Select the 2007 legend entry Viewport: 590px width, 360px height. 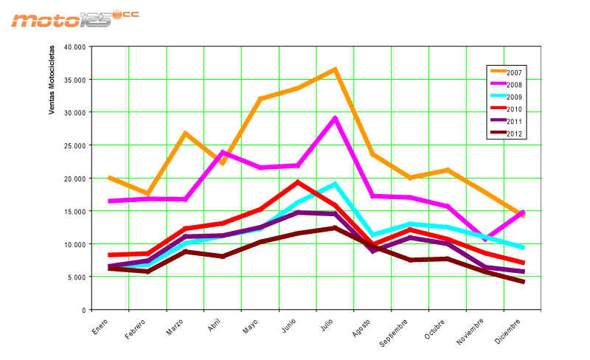[x=515, y=72]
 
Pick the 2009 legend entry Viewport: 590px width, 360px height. [x=515, y=97]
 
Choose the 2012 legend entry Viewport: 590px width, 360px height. [x=515, y=134]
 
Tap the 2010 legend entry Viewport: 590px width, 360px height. [x=515, y=109]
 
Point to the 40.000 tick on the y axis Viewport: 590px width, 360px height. [x=74, y=46]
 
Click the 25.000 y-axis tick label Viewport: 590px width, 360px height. [x=74, y=145]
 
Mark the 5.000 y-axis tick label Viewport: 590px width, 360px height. [x=77, y=277]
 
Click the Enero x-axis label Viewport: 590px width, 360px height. [x=100, y=326]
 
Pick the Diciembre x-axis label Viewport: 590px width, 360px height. [x=510, y=330]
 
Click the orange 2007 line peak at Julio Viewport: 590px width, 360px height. [x=335, y=69]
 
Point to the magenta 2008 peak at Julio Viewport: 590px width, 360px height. [x=335, y=118]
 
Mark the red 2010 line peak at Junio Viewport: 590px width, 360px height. [x=297, y=182]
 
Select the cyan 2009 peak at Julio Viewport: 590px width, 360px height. [x=335, y=184]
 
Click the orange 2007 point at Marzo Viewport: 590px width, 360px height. [x=185, y=134]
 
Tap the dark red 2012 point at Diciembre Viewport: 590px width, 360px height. [x=523, y=282]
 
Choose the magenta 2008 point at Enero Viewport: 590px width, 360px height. [x=110, y=201]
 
